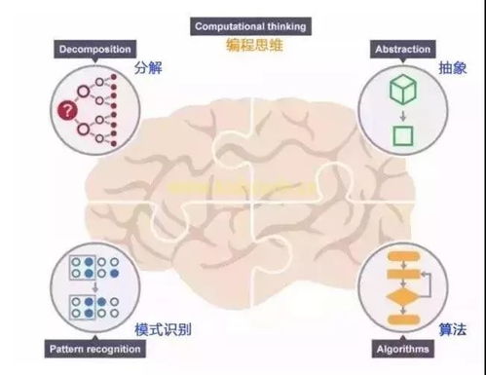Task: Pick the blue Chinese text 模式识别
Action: click(x=163, y=327)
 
